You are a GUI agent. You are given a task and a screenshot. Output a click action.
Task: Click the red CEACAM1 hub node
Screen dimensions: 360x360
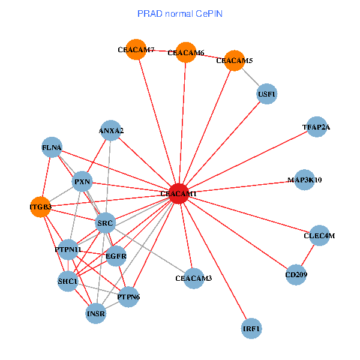(x=178, y=194)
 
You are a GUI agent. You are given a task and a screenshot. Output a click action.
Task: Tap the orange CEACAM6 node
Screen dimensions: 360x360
(x=186, y=53)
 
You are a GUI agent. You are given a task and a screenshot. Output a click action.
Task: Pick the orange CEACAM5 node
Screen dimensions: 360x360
(x=234, y=61)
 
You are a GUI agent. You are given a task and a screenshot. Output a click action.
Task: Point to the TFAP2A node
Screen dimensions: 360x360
(x=316, y=127)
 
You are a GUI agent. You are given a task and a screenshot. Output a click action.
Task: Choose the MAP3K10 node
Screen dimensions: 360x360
(x=305, y=179)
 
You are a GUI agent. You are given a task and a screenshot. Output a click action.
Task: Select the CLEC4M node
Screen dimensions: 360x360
(x=319, y=236)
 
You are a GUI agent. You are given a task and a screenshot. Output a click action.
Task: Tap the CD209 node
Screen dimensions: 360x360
(x=296, y=274)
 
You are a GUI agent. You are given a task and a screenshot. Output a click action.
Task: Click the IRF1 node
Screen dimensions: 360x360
(x=252, y=329)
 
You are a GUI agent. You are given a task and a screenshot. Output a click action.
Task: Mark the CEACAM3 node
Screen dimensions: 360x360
(x=194, y=278)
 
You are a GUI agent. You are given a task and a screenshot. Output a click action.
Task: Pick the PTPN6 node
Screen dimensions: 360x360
(x=128, y=296)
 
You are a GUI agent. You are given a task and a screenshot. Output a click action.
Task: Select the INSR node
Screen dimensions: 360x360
(x=96, y=313)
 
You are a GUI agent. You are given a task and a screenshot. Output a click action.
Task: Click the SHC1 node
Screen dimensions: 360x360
(x=67, y=280)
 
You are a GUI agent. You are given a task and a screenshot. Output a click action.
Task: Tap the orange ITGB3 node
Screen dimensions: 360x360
(x=40, y=207)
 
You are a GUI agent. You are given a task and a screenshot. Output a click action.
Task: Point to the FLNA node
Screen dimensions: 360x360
(x=52, y=147)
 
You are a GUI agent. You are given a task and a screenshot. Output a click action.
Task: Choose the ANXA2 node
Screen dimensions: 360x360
(x=111, y=130)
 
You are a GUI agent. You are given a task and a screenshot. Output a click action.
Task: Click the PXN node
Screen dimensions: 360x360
(x=82, y=181)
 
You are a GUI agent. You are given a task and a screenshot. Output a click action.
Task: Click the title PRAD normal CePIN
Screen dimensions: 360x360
(x=180, y=13)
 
